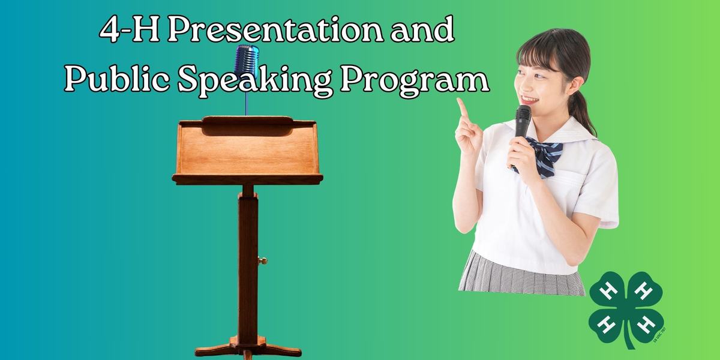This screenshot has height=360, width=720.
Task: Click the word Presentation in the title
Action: click(x=267, y=31)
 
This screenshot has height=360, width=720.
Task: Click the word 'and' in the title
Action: click(x=420, y=31)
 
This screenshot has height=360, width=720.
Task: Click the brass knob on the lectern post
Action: click(x=262, y=260)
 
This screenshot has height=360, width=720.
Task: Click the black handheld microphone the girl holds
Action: click(x=521, y=123)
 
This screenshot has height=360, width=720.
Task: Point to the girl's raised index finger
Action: click(x=462, y=108)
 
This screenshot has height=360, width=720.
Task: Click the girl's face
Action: click(x=534, y=78)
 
